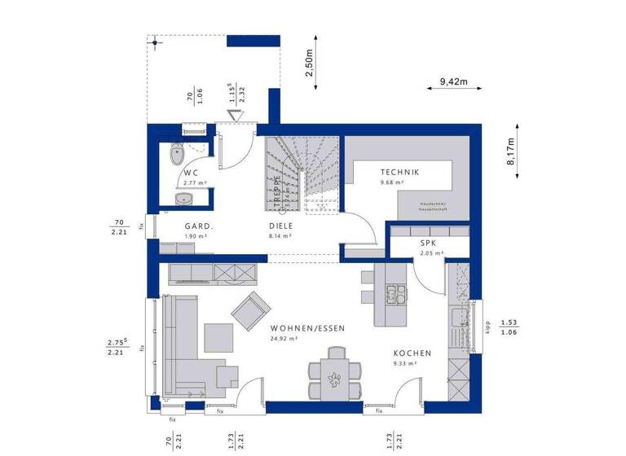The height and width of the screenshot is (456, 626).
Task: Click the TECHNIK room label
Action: click(x=399, y=173)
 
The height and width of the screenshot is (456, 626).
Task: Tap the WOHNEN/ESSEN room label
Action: click(x=307, y=328)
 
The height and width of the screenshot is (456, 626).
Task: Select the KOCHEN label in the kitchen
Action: click(x=412, y=353)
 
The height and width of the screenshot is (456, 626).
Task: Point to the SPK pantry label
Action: click(x=429, y=243)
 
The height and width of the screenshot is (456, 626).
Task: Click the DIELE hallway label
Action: click(x=280, y=226)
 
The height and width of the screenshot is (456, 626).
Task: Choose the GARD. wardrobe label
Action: click(x=198, y=226)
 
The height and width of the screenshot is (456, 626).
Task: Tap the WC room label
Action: click(x=191, y=173)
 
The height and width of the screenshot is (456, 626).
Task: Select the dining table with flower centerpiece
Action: click(x=334, y=375)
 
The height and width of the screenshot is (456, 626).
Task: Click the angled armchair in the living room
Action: click(x=251, y=310)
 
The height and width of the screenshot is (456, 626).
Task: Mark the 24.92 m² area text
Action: click(x=284, y=337)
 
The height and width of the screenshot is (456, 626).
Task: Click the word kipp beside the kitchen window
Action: click(x=487, y=327)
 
